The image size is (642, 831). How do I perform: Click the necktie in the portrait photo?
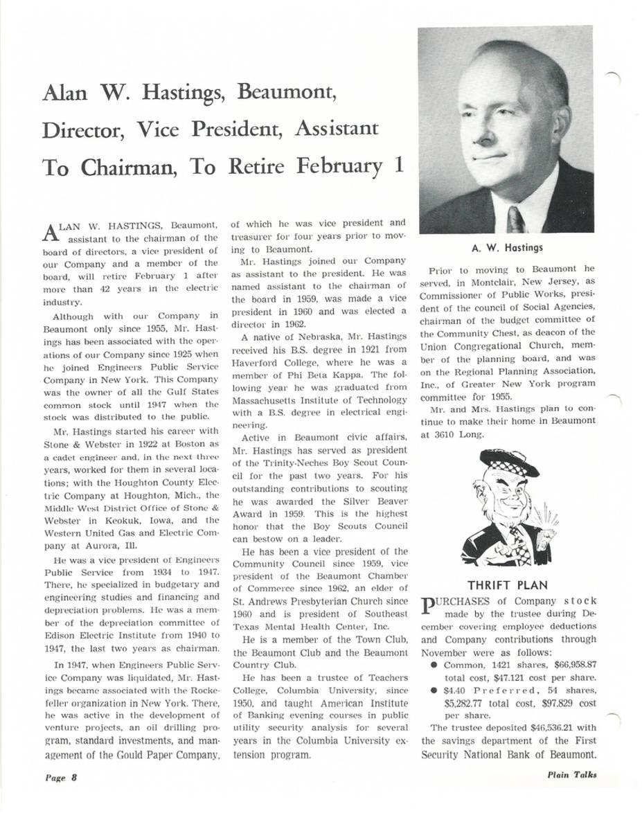516,218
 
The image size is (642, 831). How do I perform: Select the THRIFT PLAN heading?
508,586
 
